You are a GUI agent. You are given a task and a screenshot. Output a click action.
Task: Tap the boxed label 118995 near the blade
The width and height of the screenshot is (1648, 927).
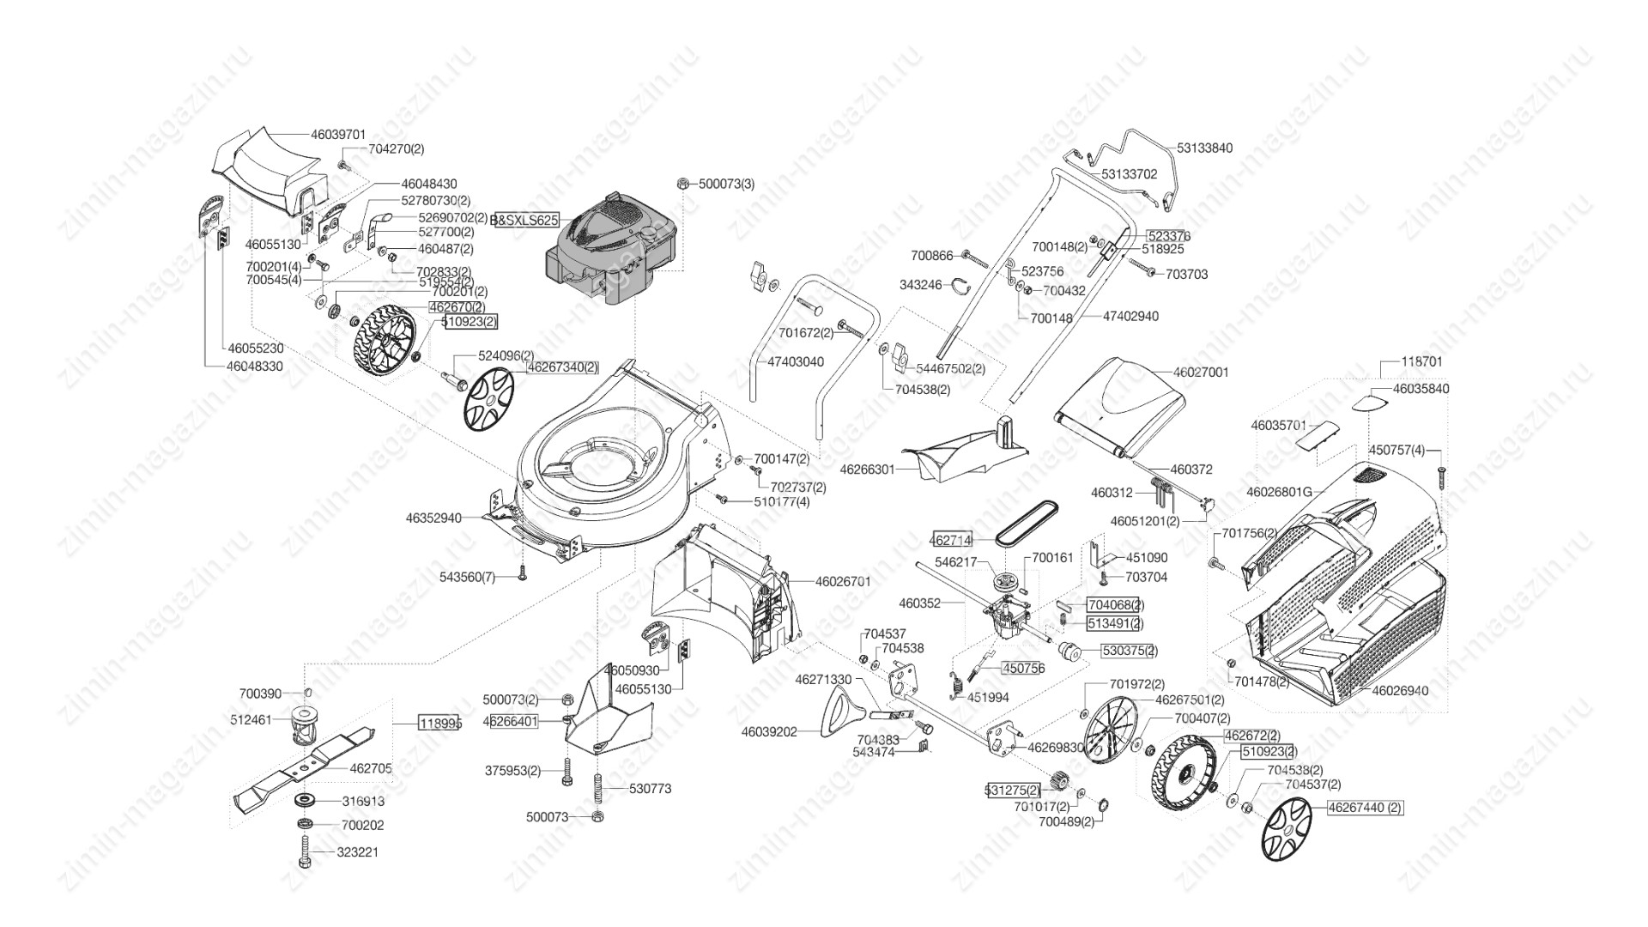click(440, 723)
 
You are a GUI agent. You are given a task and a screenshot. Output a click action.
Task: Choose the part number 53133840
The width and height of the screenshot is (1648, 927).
click(1204, 148)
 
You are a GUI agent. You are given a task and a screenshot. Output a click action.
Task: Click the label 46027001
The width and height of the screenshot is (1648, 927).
click(1201, 373)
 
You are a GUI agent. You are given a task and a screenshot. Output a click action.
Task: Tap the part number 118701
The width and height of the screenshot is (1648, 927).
click(1421, 363)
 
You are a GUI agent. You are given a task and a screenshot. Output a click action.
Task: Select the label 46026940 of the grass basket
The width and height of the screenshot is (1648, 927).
click(1400, 690)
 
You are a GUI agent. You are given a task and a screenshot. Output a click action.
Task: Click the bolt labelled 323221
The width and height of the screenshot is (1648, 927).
click(306, 853)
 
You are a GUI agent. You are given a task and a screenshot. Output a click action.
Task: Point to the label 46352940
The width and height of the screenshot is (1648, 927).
click(434, 518)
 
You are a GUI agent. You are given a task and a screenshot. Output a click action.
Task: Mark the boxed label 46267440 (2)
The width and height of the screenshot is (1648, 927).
click(1365, 808)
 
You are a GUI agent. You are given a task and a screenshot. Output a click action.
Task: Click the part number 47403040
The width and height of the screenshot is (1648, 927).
click(796, 362)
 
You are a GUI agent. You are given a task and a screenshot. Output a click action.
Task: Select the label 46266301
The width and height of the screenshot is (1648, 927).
click(867, 470)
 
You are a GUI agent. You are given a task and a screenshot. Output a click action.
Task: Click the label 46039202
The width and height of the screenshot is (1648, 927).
click(769, 732)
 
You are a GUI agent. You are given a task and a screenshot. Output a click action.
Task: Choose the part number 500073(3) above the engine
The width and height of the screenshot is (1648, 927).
click(726, 184)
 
